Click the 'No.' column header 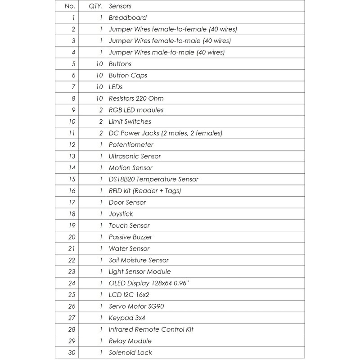tap(70, 7)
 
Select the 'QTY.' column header tap(96, 7)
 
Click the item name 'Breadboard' tap(128, 18)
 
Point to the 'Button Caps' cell tap(128, 76)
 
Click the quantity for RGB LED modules tap(100, 110)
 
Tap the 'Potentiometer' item tap(131, 145)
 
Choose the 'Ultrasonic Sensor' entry tap(135, 156)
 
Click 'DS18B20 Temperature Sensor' tap(153, 179)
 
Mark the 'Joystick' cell tap(121, 214)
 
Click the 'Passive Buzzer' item tap(130, 237)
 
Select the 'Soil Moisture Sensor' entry tap(139, 260)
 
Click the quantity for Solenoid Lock tap(101, 352)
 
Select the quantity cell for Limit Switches tap(100, 121)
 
